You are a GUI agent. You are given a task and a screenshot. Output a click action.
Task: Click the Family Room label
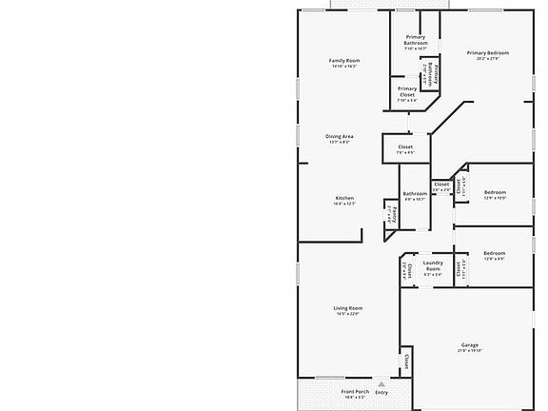(x=343, y=60)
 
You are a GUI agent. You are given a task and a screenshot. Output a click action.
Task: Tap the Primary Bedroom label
(x=487, y=52)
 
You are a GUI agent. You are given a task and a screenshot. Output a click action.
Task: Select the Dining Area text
(x=340, y=136)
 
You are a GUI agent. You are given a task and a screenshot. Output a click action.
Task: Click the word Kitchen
(x=343, y=197)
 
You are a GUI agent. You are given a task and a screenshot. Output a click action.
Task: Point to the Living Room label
(x=347, y=307)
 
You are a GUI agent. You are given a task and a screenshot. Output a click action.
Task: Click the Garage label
(x=469, y=344)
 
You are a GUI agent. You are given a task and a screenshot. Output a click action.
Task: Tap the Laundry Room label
(x=433, y=265)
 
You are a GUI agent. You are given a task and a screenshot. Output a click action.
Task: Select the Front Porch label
(x=355, y=391)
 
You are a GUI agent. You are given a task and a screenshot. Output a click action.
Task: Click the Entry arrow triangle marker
(x=382, y=384)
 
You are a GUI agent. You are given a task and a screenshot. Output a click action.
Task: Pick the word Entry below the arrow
(x=382, y=392)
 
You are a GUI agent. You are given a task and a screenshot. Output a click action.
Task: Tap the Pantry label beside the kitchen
(x=390, y=214)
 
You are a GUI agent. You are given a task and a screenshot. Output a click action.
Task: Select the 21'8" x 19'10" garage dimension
(x=469, y=351)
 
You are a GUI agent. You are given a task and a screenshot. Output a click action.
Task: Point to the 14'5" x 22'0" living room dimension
(x=347, y=314)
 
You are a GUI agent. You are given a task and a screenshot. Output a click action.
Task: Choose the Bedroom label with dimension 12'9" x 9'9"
(x=495, y=252)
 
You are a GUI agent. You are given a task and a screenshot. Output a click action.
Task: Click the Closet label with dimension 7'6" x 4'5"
(x=405, y=147)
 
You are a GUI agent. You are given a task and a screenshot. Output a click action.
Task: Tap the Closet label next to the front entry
(x=406, y=362)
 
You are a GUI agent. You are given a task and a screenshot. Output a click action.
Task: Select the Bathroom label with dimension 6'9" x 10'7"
(x=415, y=193)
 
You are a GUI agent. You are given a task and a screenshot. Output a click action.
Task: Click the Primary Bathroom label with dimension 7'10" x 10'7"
(x=416, y=40)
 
